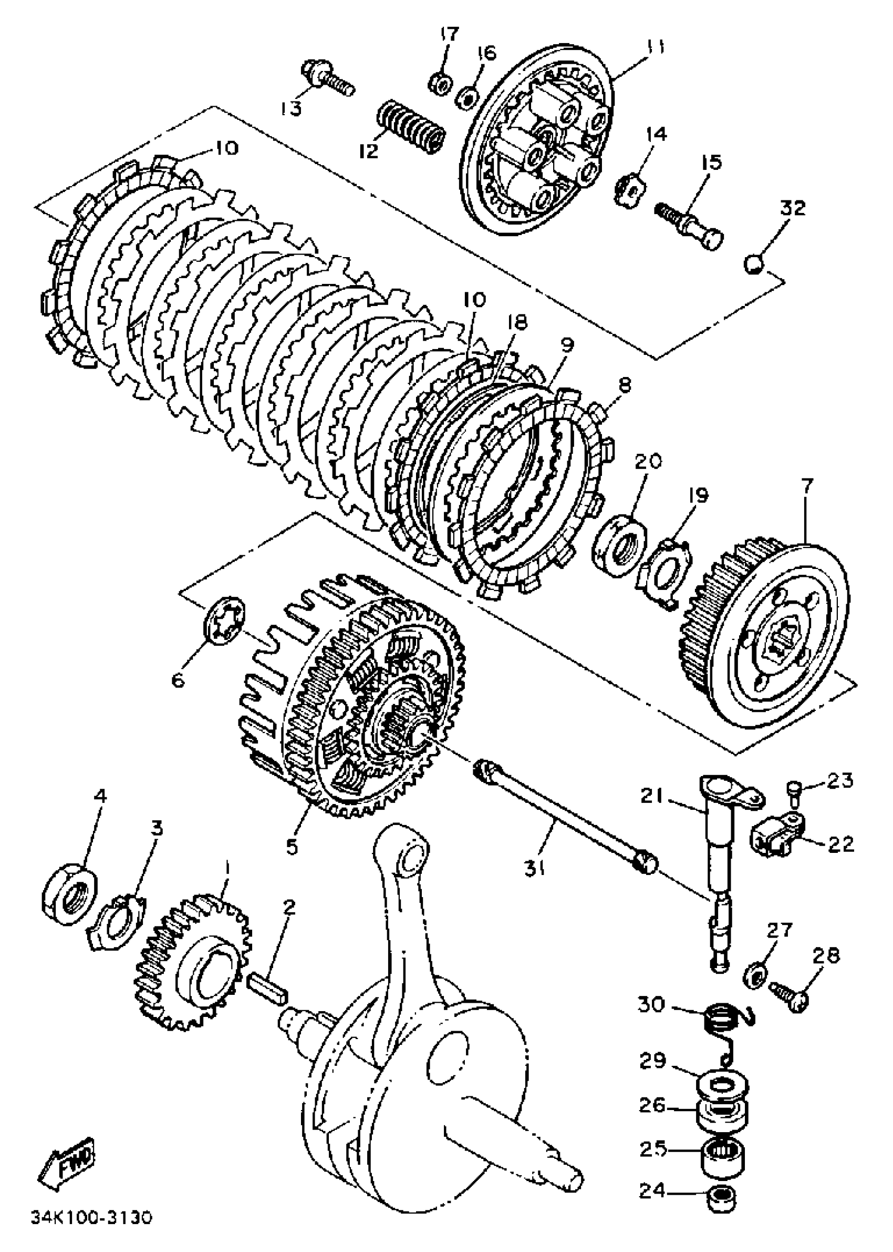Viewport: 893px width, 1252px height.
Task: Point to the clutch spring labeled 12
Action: pos(412,126)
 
